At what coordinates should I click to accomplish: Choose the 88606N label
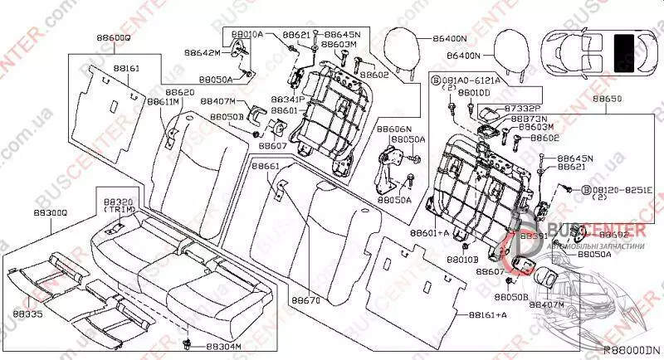[394, 129]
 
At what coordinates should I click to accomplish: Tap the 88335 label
[28, 316]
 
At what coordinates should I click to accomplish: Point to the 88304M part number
[223, 346]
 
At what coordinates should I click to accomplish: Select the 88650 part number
[606, 98]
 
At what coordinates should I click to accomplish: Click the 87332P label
[522, 109]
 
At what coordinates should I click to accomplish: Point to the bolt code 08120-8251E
[617, 190]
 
